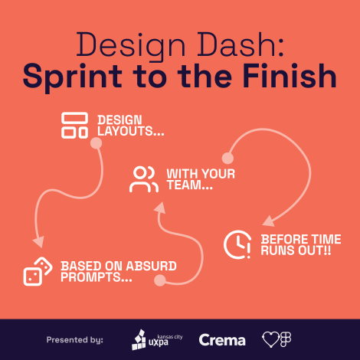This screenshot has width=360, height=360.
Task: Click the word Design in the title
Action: [131, 45]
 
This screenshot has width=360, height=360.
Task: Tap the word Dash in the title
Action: [237, 44]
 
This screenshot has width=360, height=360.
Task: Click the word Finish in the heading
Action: [290, 76]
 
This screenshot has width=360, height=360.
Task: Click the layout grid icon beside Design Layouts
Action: [74, 125]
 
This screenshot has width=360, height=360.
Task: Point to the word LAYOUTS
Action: [131, 131]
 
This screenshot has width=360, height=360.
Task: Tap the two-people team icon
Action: [144, 179]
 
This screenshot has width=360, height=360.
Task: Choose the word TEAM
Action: [190, 185]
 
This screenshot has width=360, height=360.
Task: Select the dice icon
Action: [38, 271]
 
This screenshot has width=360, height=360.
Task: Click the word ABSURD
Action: [152, 266]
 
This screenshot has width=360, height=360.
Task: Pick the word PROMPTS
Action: [97, 277]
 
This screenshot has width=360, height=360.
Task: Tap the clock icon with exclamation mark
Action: [237, 244]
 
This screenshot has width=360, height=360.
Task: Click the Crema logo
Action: [222, 340]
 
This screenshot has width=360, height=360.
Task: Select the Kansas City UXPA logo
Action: [157, 340]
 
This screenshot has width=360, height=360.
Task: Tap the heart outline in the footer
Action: [270, 340]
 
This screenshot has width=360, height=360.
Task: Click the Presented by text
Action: [75, 340]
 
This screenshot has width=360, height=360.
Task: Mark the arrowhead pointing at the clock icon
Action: [269, 221]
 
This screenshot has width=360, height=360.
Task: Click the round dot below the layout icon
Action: [97, 143]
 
